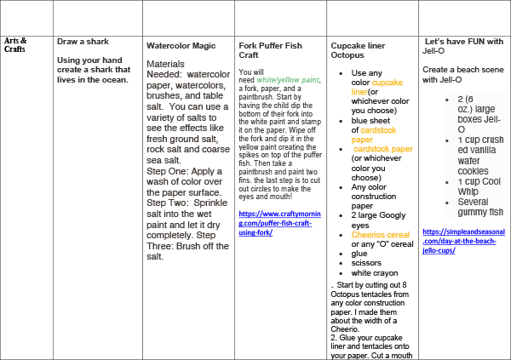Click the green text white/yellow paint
(292, 80)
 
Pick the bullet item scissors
(366, 264)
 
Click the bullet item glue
(359, 253)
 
